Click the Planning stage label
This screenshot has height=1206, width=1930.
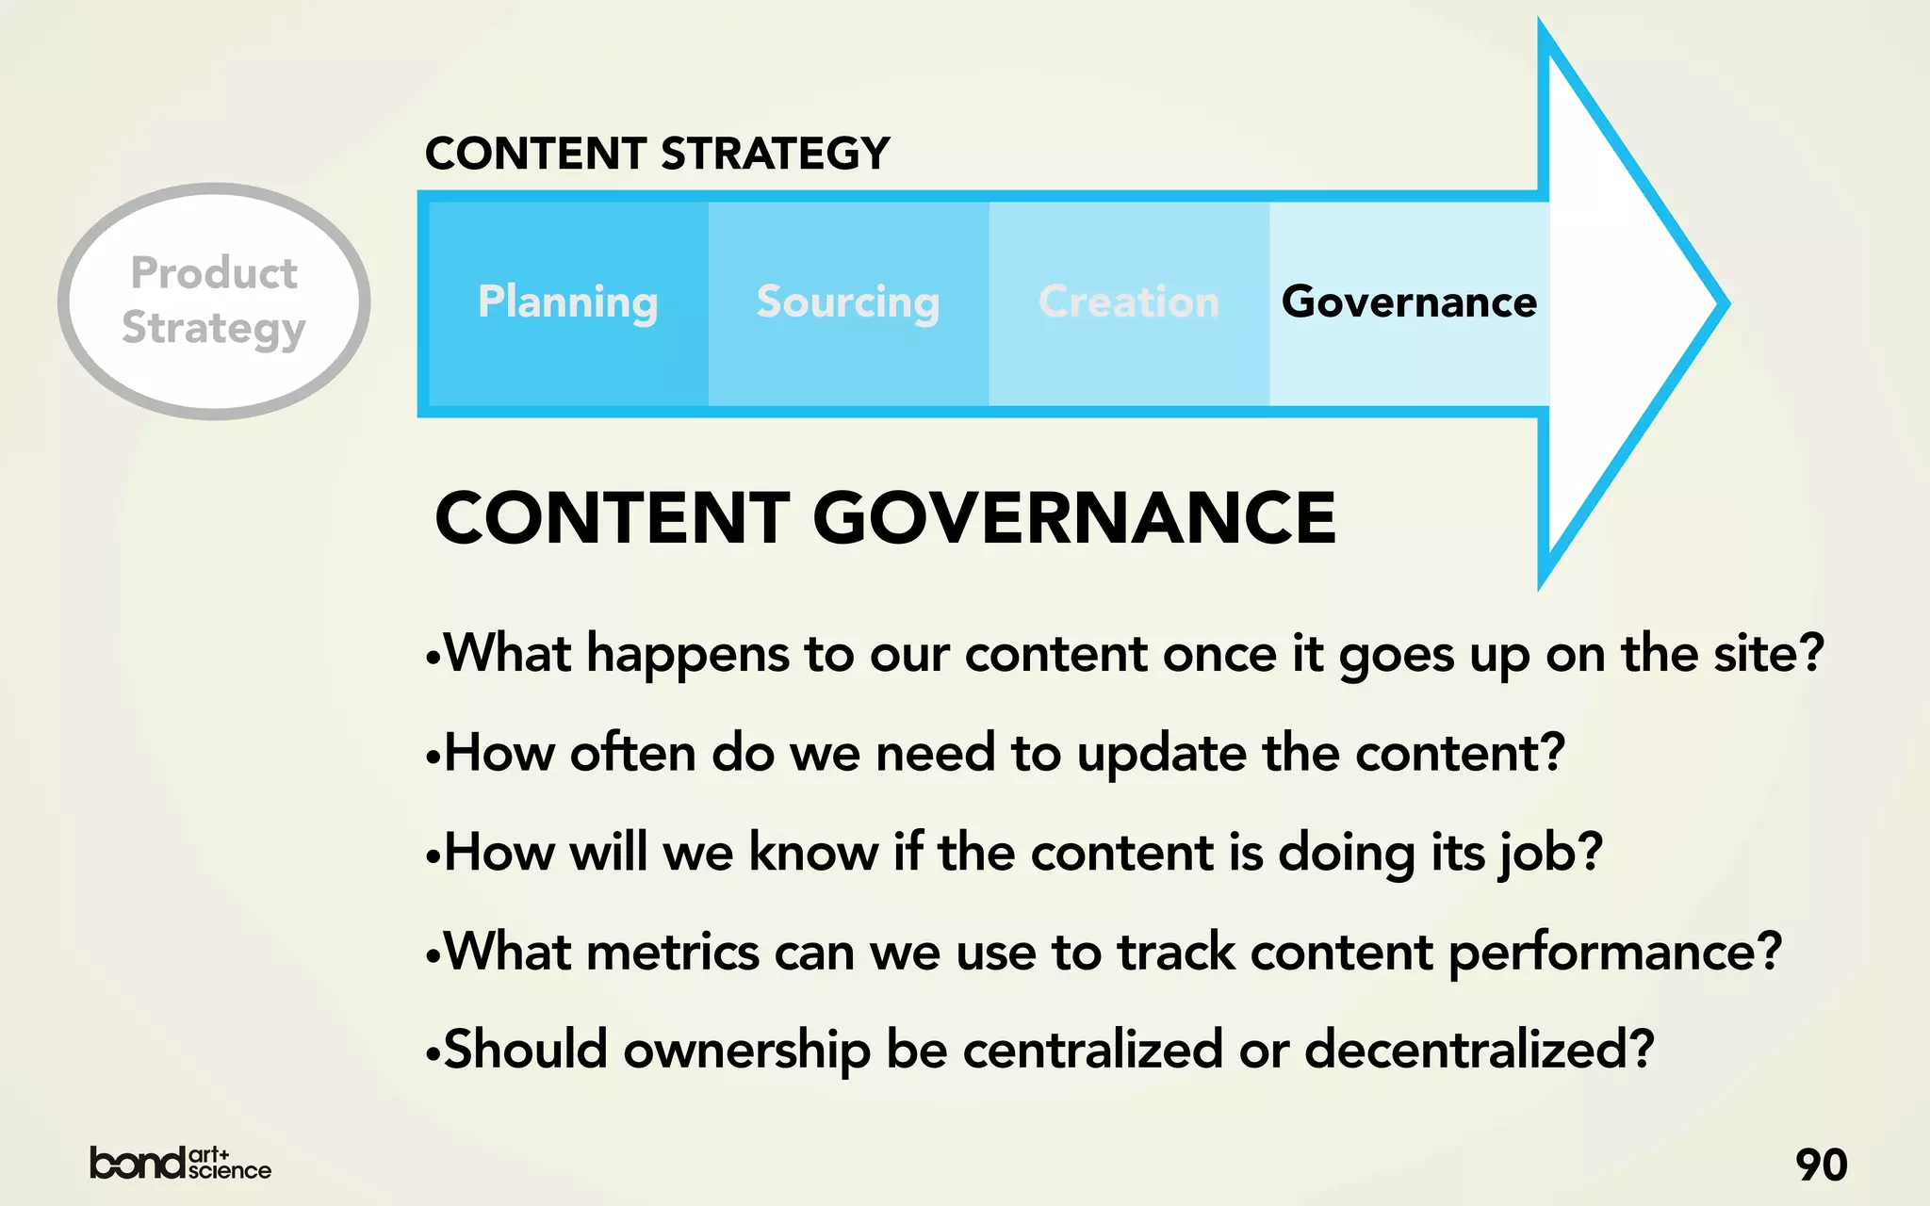point(567,302)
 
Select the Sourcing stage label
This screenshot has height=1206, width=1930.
point(848,302)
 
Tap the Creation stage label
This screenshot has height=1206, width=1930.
point(1129,302)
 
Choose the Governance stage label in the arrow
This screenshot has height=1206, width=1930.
point(1409,302)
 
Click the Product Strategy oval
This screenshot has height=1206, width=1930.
point(214,301)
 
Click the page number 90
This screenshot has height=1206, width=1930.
point(1821,1165)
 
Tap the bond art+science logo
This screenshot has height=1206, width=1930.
point(180,1164)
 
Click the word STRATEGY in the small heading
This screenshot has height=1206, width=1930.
point(776,154)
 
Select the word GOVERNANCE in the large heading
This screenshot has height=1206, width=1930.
point(1074,518)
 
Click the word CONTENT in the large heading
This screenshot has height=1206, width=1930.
point(613,518)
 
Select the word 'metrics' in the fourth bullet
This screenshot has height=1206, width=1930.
point(672,952)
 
